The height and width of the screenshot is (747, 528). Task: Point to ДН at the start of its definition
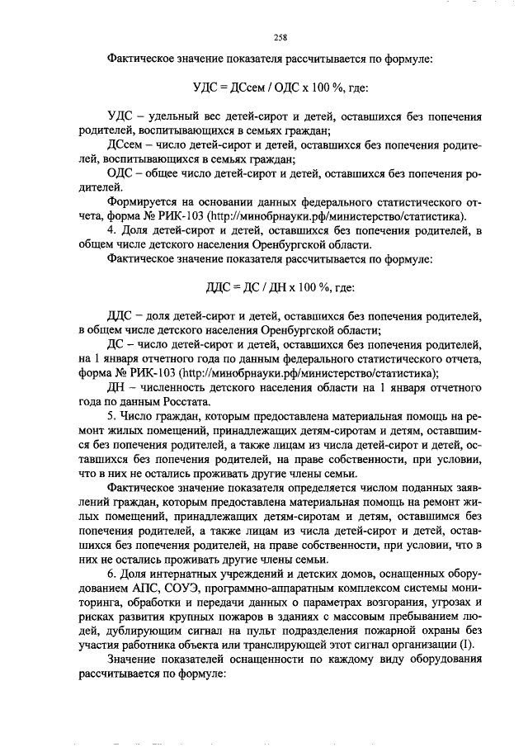click(x=119, y=387)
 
